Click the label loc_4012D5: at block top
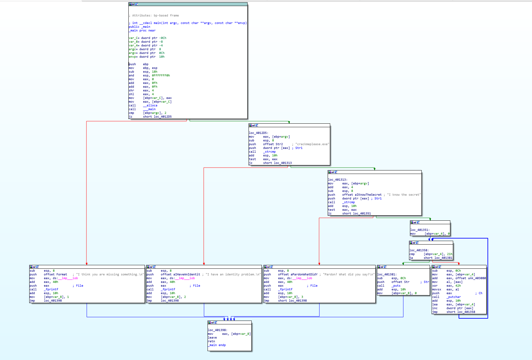258,133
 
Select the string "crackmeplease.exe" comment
312,144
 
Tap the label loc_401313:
338,180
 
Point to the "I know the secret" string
404,195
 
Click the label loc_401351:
420,230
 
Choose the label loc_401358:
419,250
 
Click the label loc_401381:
387,274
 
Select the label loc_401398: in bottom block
218,330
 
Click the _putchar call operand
454,297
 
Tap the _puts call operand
396,286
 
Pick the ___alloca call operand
150,105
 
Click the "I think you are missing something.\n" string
110,274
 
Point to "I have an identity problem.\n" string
233,274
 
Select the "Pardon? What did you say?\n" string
349,274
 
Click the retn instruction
211,341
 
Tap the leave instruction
212,337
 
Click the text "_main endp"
217,345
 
